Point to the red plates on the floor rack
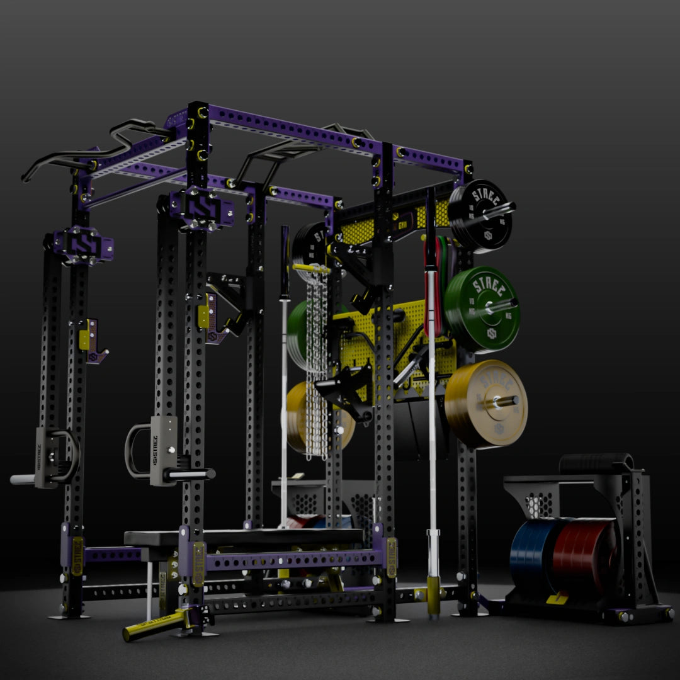coord(582,554)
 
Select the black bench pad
coord(242,537)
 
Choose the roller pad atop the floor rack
coord(595,463)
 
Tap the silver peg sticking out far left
coord(22,479)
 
